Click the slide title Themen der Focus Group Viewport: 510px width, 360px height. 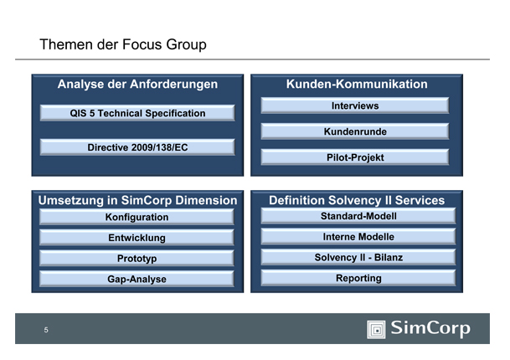(x=122, y=44)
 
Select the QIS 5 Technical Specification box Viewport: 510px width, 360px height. (x=137, y=113)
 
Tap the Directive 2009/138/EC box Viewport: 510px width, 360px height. (x=137, y=147)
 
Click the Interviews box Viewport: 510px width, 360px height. (x=355, y=106)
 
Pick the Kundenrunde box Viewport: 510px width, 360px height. (x=355, y=131)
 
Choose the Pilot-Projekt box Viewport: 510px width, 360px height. (x=355, y=157)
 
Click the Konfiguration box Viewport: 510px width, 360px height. (x=137, y=218)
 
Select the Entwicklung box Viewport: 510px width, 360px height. (x=137, y=239)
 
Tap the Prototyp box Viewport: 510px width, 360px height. (x=137, y=259)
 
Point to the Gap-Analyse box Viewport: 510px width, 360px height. (x=137, y=279)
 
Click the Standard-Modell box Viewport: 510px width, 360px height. (x=358, y=216)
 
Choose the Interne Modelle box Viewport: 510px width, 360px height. (x=358, y=237)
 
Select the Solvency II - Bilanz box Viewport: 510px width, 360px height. (x=358, y=257)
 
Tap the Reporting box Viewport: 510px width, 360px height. (x=358, y=278)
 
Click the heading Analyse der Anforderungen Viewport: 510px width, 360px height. (x=137, y=85)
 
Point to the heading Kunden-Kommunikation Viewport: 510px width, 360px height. (x=357, y=85)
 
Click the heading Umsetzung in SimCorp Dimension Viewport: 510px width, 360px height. (x=137, y=201)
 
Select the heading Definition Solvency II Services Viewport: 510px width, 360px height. (x=357, y=201)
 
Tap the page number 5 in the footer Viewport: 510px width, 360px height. (x=46, y=330)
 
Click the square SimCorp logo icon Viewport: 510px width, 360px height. (x=376, y=329)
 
